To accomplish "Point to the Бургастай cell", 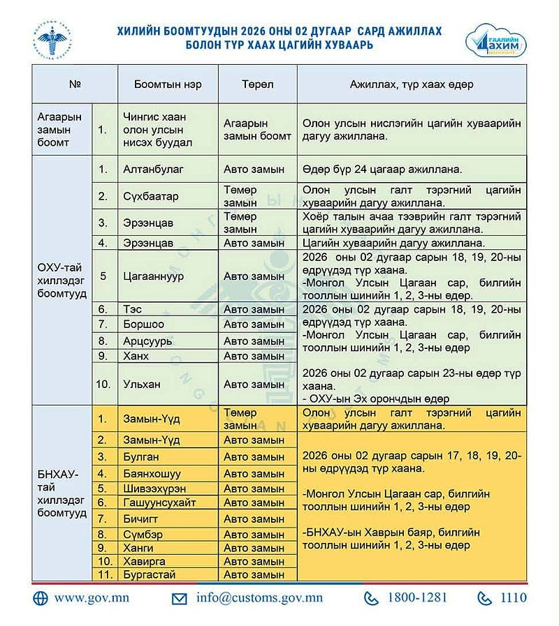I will coord(148,574).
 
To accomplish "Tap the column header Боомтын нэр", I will coord(168,84).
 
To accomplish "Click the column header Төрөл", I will coord(257,84).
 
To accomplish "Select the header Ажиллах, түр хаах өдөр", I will coord(412,84).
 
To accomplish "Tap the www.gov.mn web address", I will coord(92,598).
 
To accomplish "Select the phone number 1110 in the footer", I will coord(512,598).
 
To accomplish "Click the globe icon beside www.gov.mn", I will coord(41,598).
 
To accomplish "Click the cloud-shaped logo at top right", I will coord(495,41).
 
